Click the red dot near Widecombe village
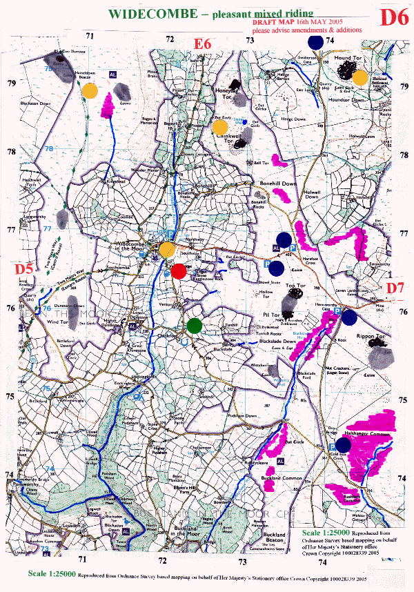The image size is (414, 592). point(178,271)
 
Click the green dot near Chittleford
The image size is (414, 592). point(195,325)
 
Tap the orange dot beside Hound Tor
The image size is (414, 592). point(359,77)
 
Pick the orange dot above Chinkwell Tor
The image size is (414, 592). point(220,127)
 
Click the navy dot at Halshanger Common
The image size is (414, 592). point(343,445)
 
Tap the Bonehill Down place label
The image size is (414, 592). point(278,184)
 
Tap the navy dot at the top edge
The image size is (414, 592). point(315,41)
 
